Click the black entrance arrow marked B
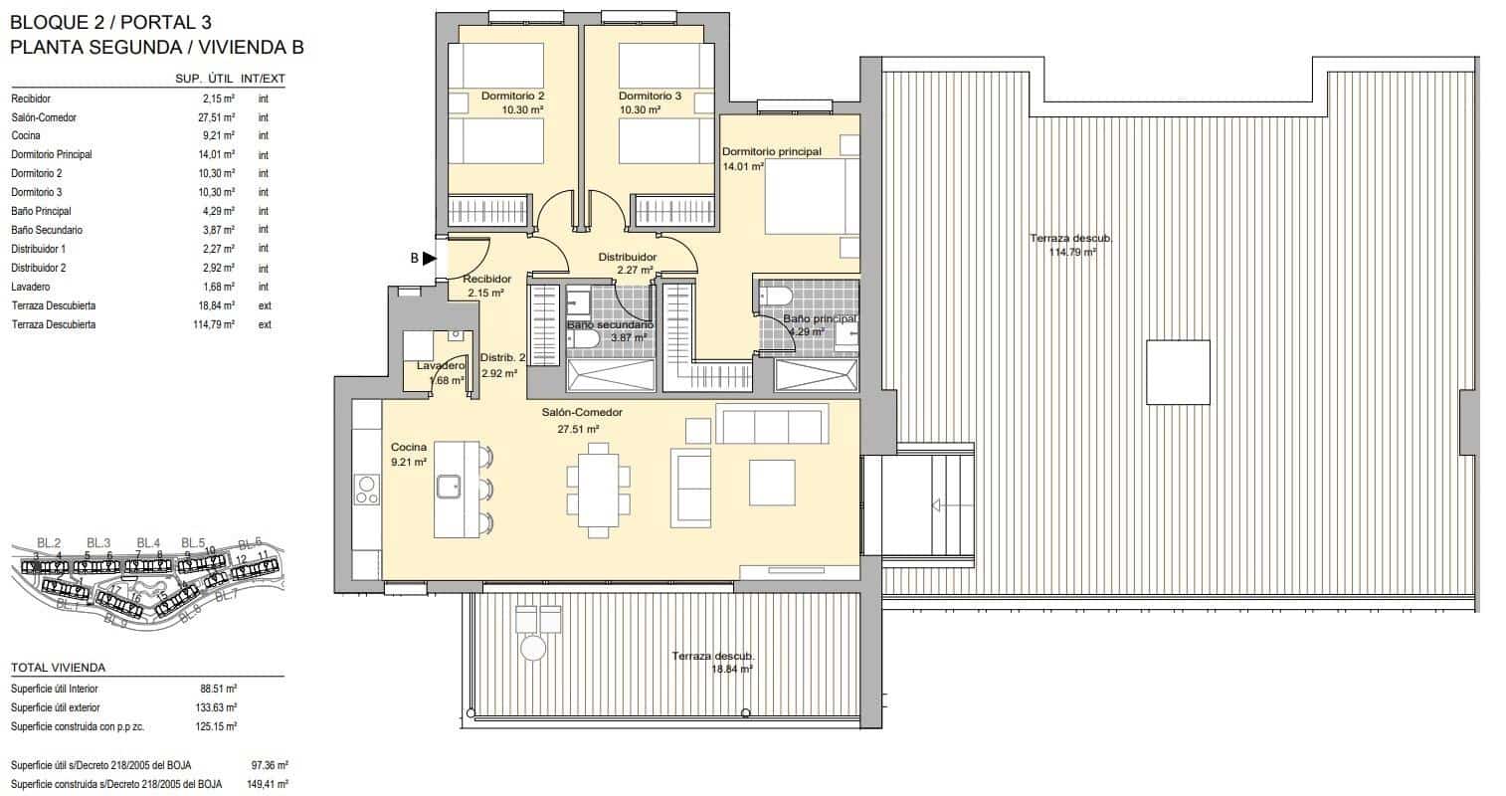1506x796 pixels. pyautogui.click(x=429, y=259)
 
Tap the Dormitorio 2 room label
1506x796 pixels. pyautogui.click(x=512, y=97)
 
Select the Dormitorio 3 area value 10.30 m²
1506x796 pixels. pyautogui.click(x=637, y=110)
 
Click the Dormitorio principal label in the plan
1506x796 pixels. pyautogui.click(x=772, y=151)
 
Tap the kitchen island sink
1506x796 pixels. pyautogui.click(x=448, y=486)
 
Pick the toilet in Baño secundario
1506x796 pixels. pyautogui.click(x=584, y=340)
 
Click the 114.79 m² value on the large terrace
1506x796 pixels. pyautogui.click(x=1072, y=253)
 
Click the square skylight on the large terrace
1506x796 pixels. pyautogui.click(x=1178, y=372)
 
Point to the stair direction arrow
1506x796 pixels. pyautogui.click(x=937, y=505)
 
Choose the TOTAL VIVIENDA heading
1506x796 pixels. pyautogui.click(x=58, y=668)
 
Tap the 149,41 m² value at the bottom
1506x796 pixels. pyautogui.click(x=267, y=784)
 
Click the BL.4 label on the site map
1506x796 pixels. pyautogui.click(x=148, y=542)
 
